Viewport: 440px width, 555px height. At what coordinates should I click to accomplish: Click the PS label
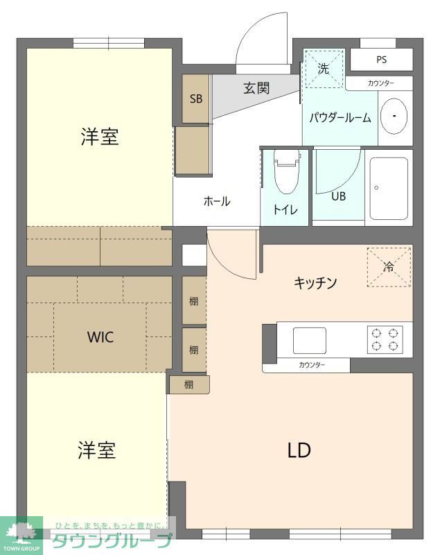(x=382, y=60)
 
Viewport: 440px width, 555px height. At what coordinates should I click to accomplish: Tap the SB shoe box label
(x=196, y=99)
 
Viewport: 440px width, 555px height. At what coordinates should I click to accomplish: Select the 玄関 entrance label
(x=256, y=89)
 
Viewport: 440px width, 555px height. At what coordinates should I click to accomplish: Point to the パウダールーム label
(x=340, y=118)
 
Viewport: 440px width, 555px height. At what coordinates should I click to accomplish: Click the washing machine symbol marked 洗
(x=324, y=69)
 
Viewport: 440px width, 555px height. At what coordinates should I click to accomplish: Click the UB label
(x=338, y=196)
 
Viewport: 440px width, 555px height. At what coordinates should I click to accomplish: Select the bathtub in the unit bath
(x=388, y=188)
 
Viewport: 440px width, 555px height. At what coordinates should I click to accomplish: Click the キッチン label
(x=315, y=283)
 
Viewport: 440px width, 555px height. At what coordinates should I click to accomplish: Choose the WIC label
(x=100, y=338)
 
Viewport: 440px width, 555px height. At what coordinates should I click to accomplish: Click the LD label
(x=299, y=450)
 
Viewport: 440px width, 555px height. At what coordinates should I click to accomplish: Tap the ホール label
(x=216, y=202)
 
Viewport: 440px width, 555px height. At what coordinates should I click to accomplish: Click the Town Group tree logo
(x=21, y=534)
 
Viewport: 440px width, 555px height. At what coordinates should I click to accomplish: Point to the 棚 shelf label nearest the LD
(x=188, y=385)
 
